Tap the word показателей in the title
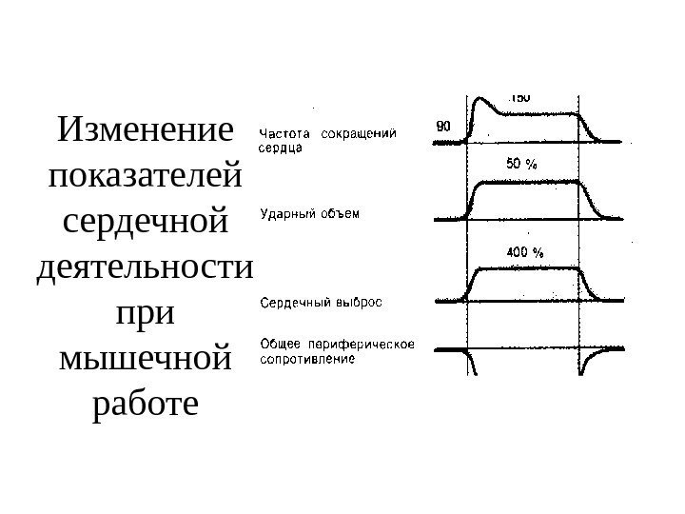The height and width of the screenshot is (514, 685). tap(145, 177)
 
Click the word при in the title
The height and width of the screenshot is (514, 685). tap(145, 315)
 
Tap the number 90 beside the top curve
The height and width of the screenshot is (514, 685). tap(443, 125)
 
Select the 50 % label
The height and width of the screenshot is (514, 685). tap(521, 163)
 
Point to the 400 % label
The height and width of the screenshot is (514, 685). tap(523, 252)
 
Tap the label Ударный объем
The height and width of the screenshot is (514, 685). tap(310, 214)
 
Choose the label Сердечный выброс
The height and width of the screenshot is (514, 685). tap(321, 304)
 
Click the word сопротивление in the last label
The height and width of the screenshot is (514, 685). tap(307, 360)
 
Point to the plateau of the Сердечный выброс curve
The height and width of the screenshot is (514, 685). tap(528, 270)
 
